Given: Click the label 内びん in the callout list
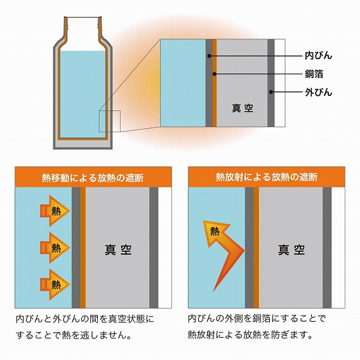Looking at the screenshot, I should click(319, 56).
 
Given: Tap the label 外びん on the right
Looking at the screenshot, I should click(319, 92).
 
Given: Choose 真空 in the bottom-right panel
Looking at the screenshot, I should click(291, 249).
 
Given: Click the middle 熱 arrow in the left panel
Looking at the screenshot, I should click(53, 244).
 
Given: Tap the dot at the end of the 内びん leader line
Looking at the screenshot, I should click(209, 56).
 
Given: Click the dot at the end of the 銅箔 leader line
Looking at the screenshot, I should click(215, 74).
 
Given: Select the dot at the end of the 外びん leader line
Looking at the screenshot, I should click(271, 92).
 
